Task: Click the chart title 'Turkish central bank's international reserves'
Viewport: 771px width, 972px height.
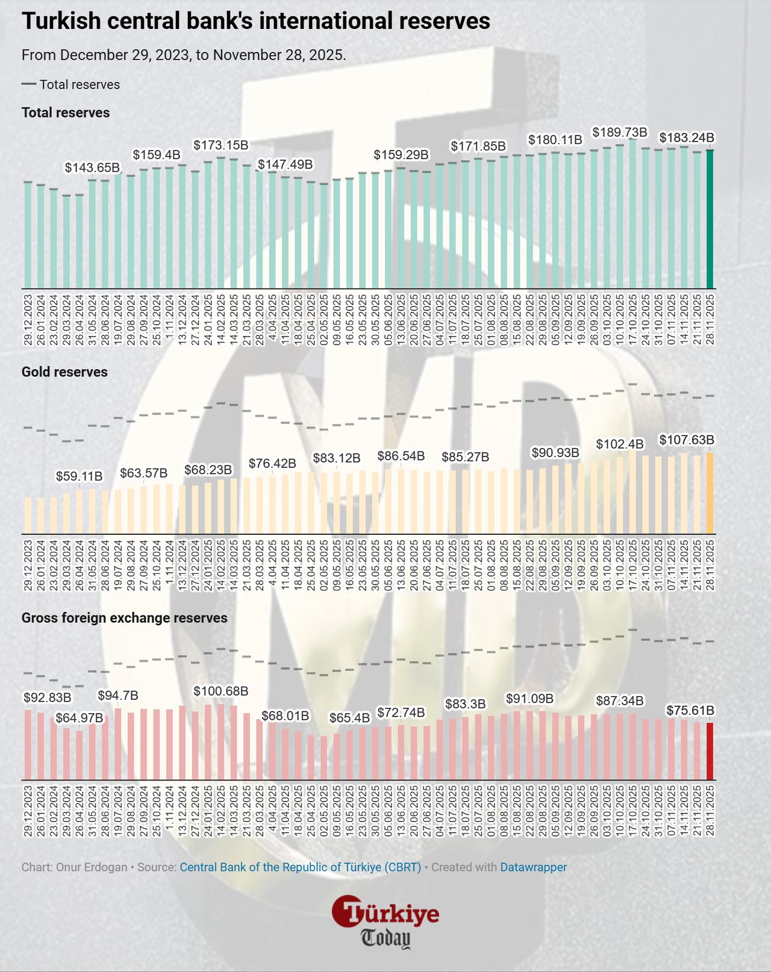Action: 255,22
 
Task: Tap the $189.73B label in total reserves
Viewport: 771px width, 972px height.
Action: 620,132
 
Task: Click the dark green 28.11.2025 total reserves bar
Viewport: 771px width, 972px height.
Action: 710,219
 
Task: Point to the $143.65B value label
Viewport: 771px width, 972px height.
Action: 92,167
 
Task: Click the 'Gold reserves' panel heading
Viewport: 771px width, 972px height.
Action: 64,372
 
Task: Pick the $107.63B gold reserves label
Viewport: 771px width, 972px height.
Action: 687,440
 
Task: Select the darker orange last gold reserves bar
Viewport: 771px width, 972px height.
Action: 710,494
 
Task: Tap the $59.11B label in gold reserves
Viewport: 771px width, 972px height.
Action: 79,476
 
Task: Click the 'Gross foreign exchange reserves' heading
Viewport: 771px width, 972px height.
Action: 124,618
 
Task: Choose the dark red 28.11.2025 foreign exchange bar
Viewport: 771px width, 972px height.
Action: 710,752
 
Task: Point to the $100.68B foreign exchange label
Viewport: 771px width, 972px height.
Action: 220,691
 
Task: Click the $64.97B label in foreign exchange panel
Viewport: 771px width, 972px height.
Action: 79,718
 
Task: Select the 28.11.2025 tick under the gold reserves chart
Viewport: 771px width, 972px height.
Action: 710,565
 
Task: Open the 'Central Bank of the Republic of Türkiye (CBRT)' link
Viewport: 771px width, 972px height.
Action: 300,867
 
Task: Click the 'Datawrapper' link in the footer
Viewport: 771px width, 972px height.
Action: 533,867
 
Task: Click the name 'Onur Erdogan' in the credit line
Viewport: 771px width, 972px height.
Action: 92,867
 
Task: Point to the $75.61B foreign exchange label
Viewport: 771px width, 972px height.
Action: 690,711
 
